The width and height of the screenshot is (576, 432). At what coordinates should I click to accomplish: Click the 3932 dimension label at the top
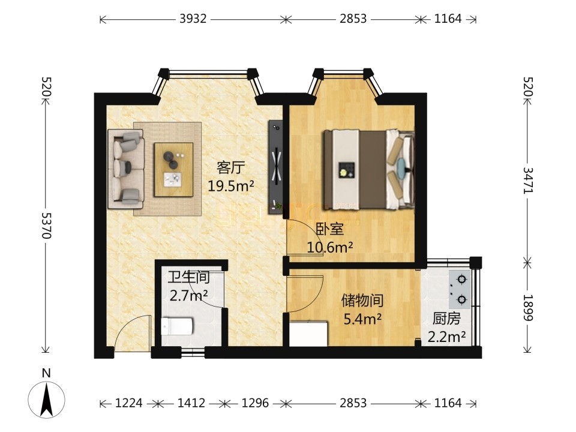coord(193,19)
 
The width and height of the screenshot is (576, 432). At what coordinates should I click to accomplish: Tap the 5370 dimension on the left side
coord(46,226)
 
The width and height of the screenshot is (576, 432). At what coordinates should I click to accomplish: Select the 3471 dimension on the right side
coord(528,180)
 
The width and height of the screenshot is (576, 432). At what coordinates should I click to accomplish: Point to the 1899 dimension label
coord(528,307)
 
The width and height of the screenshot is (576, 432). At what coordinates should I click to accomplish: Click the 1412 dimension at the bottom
coord(191,403)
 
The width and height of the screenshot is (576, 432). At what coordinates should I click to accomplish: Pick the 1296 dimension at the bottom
coord(256,403)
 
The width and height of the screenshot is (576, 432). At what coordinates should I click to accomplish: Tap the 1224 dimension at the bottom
coord(129,403)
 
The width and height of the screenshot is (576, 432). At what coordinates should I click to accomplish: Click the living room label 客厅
coord(230,168)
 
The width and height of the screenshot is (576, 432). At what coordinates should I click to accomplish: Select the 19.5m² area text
coord(230,185)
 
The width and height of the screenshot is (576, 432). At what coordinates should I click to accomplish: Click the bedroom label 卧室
coord(330,229)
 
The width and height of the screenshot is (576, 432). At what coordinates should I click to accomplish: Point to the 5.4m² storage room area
coord(362,319)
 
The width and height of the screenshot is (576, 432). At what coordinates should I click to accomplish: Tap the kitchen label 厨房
coord(446,319)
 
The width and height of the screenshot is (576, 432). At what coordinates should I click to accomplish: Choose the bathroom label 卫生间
coord(189,277)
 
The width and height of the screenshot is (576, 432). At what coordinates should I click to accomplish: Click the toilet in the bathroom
coord(177,326)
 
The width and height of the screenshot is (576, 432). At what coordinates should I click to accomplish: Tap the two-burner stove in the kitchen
coord(460,289)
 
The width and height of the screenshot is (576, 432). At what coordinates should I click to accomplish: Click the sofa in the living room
coord(125,169)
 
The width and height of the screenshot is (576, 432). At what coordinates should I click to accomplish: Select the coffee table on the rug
coord(174,169)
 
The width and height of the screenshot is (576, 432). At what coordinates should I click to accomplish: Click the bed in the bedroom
coord(368,170)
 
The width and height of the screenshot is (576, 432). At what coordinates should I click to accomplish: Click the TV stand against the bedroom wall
coord(275,167)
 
